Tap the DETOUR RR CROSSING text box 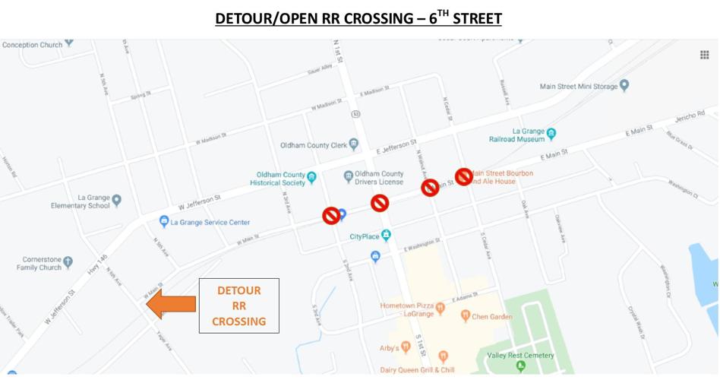[x=238, y=306]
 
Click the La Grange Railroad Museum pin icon [x=551, y=134]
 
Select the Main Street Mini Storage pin [x=624, y=86]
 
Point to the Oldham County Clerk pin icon [x=353, y=144]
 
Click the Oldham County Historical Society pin [x=311, y=177]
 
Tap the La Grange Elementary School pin [x=116, y=201]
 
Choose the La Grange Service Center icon [x=164, y=222]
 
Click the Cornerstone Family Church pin [x=68, y=262]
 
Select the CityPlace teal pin [x=386, y=236]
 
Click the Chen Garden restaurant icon [x=465, y=316]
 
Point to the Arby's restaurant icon [x=406, y=347]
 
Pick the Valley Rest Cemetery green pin [x=520, y=366]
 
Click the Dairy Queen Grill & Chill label [x=417, y=370]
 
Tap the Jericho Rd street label [x=689, y=116]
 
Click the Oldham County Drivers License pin [x=348, y=177]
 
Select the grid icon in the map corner [x=704, y=55]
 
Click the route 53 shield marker [x=356, y=114]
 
